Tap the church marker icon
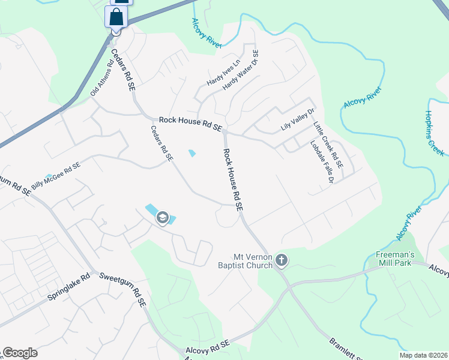(282, 261)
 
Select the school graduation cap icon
(162, 218)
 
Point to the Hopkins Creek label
(433, 134)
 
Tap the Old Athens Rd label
(102, 73)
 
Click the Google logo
(20, 353)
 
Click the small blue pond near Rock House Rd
(192, 153)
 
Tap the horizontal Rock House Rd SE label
(190, 124)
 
